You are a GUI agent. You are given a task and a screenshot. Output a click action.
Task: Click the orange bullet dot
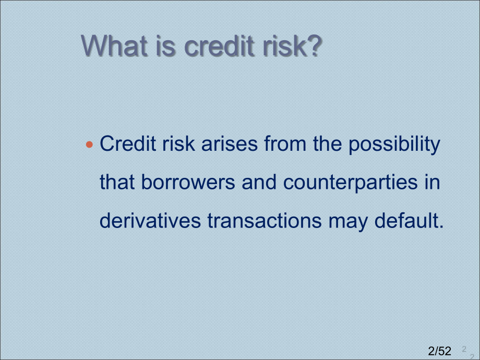[x=89, y=144]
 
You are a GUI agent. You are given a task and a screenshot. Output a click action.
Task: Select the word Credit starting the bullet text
[x=128, y=143]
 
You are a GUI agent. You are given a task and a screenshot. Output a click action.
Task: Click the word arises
[x=229, y=143]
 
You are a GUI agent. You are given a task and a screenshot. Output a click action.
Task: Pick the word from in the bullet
[x=285, y=143]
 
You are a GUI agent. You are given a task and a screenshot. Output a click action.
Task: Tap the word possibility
[x=394, y=145]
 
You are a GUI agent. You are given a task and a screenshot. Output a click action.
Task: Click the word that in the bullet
[x=117, y=182]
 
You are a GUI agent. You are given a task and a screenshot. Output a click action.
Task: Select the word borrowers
[x=188, y=182]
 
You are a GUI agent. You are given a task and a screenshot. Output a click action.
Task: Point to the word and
[x=259, y=182]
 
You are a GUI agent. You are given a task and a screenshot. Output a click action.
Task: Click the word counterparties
[x=350, y=183]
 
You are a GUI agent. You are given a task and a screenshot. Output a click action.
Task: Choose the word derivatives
[x=150, y=220]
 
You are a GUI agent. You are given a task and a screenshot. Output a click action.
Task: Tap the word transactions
[x=265, y=220]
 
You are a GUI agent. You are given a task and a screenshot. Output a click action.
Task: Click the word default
[x=409, y=220]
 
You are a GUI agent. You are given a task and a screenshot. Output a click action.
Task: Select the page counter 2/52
[x=440, y=351]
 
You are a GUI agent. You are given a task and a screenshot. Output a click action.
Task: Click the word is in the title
[x=165, y=46]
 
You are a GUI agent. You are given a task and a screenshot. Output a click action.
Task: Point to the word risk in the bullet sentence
[x=178, y=143]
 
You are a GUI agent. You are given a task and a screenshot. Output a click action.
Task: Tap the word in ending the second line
[x=432, y=182]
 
